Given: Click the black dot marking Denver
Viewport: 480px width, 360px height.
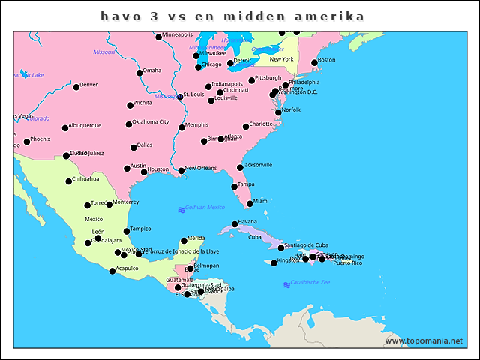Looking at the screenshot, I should point(76,87).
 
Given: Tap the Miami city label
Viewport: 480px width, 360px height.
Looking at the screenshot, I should point(261,201).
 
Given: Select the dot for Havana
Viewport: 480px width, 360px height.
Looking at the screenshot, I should point(235,224).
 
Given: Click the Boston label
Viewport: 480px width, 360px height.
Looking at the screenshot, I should point(327,60).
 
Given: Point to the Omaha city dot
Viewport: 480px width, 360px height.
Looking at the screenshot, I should point(139,73).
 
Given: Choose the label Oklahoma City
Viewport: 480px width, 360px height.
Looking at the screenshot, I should point(151,122).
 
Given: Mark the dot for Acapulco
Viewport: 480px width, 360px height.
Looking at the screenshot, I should point(112,271).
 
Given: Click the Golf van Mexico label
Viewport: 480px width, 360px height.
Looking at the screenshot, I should point(205,207).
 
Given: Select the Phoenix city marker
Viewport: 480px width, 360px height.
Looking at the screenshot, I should point(27,142).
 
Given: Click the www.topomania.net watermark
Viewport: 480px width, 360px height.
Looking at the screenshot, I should point(424,340).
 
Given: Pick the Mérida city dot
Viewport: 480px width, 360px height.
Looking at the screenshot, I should point(184,241).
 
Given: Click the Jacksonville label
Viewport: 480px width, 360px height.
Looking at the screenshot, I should point(258,165).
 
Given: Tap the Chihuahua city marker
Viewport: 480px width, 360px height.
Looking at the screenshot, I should point(69,181).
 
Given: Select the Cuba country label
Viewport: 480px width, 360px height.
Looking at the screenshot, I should point(255,237).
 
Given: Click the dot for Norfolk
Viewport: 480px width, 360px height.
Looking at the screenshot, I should point(279,112).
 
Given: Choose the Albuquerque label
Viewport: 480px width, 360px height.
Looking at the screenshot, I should point(85,125).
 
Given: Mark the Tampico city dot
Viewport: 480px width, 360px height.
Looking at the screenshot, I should point(127,232).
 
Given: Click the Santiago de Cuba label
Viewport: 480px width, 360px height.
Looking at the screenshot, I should point(307,245).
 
